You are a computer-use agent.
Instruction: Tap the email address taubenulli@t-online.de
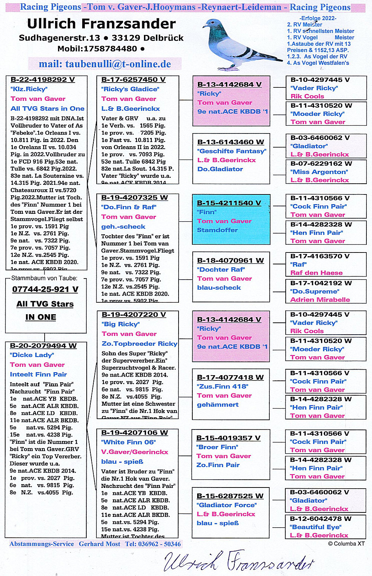pos(105,64)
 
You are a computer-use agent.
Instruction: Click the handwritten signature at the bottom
pos(238,561)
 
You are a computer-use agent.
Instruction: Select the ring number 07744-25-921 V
pos(45,289)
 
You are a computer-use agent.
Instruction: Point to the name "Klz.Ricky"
pos(29,89)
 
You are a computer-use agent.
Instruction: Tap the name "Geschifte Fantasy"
pos(231,151)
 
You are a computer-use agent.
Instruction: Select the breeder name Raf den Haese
pos(316,273)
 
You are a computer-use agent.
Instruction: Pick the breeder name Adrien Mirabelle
pos(320,300)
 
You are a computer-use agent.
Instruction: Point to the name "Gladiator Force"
pos(227,505)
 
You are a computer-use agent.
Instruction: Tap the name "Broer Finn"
pos(217,447)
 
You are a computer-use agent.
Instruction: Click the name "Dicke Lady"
pos(32,355)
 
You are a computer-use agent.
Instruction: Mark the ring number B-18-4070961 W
pos(230,261)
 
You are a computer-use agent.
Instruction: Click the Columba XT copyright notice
pos(346,544)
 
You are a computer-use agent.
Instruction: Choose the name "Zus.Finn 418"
pos(222,386)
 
